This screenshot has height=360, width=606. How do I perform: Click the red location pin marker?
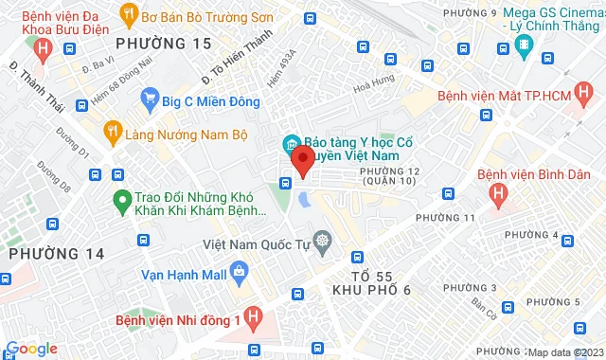302,160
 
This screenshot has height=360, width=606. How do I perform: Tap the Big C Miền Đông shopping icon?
149,97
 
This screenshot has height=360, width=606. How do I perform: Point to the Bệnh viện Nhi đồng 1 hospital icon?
253,317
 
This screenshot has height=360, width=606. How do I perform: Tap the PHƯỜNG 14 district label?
45,253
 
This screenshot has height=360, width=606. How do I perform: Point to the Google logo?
30,349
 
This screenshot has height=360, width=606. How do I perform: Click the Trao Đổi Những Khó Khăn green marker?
121,200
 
